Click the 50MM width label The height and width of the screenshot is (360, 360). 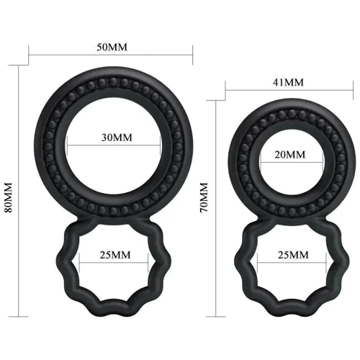point(112,47)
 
